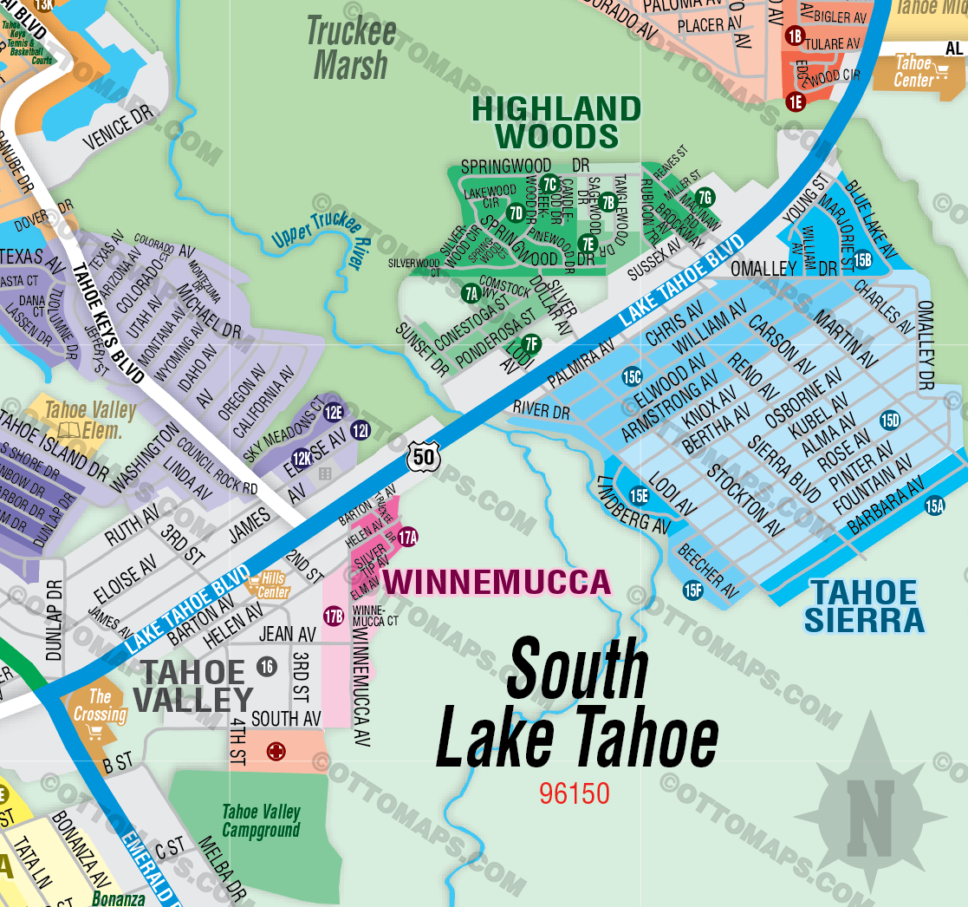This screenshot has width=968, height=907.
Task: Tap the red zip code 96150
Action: (x=574, y=793)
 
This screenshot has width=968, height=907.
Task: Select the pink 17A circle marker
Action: (x=408, y=537)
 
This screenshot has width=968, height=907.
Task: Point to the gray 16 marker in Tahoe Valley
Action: (x=267, y=666)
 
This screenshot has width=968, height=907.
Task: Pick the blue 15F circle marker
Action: (x=692, y=591)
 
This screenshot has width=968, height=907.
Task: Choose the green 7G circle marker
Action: (x=705, y=197)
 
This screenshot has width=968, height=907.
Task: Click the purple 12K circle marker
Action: (x=302, y=459)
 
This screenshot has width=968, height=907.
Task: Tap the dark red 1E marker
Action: (x=796, y=101)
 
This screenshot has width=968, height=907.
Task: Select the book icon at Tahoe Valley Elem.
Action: (x=69, y=430)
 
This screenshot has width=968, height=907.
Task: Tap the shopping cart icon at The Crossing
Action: (x=97, y=734)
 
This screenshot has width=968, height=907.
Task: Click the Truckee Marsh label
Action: (x=351, y=49)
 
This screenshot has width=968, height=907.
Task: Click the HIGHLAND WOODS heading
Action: (x=555, y=122)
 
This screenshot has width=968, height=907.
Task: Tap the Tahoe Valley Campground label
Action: (x=261, y=820)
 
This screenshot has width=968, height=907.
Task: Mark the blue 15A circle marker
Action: (x=934, y=506)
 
